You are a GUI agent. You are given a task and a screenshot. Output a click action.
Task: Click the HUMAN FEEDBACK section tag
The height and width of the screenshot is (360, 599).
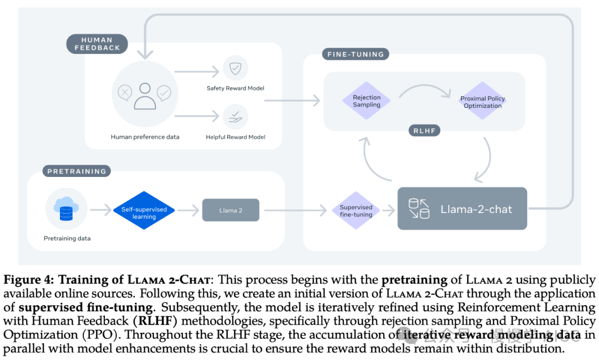pos(97,44)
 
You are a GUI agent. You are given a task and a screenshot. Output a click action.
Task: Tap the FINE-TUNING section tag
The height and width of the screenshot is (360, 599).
pos(356,54)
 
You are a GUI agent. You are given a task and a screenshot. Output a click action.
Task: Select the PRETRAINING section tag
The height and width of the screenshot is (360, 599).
pos(77,171)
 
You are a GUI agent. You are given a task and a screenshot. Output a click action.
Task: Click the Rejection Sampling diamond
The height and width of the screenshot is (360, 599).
pos(367,101)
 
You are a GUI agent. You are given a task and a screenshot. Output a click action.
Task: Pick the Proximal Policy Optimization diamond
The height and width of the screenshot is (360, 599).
pos(483,102)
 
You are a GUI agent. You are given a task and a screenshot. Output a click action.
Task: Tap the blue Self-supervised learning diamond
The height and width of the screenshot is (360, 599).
pos(144,210)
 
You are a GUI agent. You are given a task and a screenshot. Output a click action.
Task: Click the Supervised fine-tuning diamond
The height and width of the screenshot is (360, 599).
pos(356,211)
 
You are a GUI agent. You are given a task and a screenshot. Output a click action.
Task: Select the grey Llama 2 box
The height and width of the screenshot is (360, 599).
pos(231,210)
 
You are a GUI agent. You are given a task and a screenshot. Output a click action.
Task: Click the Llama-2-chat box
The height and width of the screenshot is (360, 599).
pos(462,209)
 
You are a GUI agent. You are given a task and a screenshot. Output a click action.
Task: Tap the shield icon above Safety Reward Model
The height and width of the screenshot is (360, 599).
pos(235,68)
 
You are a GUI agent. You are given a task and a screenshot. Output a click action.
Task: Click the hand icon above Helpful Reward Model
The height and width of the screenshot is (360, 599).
pos(235,116)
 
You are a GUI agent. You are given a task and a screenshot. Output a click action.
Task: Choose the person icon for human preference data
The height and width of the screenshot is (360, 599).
pos(145,95)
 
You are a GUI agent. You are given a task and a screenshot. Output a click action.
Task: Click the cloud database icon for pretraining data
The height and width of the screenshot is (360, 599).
pos(66,209)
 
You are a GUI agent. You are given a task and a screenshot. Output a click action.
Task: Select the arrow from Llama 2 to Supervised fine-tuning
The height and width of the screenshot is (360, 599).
pos(294,211)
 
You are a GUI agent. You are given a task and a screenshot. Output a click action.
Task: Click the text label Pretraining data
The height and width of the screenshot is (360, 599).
pos(67,239)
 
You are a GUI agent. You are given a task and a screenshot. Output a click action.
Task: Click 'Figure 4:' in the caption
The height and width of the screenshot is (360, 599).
pos(29,279)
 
